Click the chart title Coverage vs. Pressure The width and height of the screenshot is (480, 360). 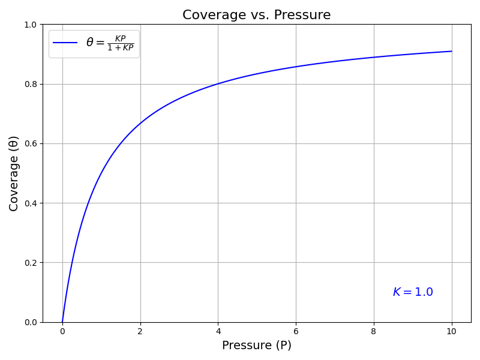(x=256, y=15)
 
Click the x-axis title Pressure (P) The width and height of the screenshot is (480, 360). (x=256, y=346)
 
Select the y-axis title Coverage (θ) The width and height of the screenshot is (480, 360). (x=14, y=173)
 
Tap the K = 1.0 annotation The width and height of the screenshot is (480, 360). (x=413, y=292)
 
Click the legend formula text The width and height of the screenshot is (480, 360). (x=110, y=43)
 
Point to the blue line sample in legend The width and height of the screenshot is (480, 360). (x=65, y=43)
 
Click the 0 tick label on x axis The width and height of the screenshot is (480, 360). (x=62, y=331)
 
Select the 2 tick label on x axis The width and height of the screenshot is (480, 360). (x=140, y=331)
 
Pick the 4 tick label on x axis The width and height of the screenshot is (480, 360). (x=218, y=331)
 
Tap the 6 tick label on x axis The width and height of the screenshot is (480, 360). (x=296, y=331)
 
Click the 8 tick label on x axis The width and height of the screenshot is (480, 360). (x=374, y=331)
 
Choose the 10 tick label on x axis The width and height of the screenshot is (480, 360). (x=452, y=331)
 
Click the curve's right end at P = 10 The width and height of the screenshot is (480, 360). (x=452, y=52)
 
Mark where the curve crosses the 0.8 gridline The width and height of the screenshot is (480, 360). (x=218, y=84)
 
